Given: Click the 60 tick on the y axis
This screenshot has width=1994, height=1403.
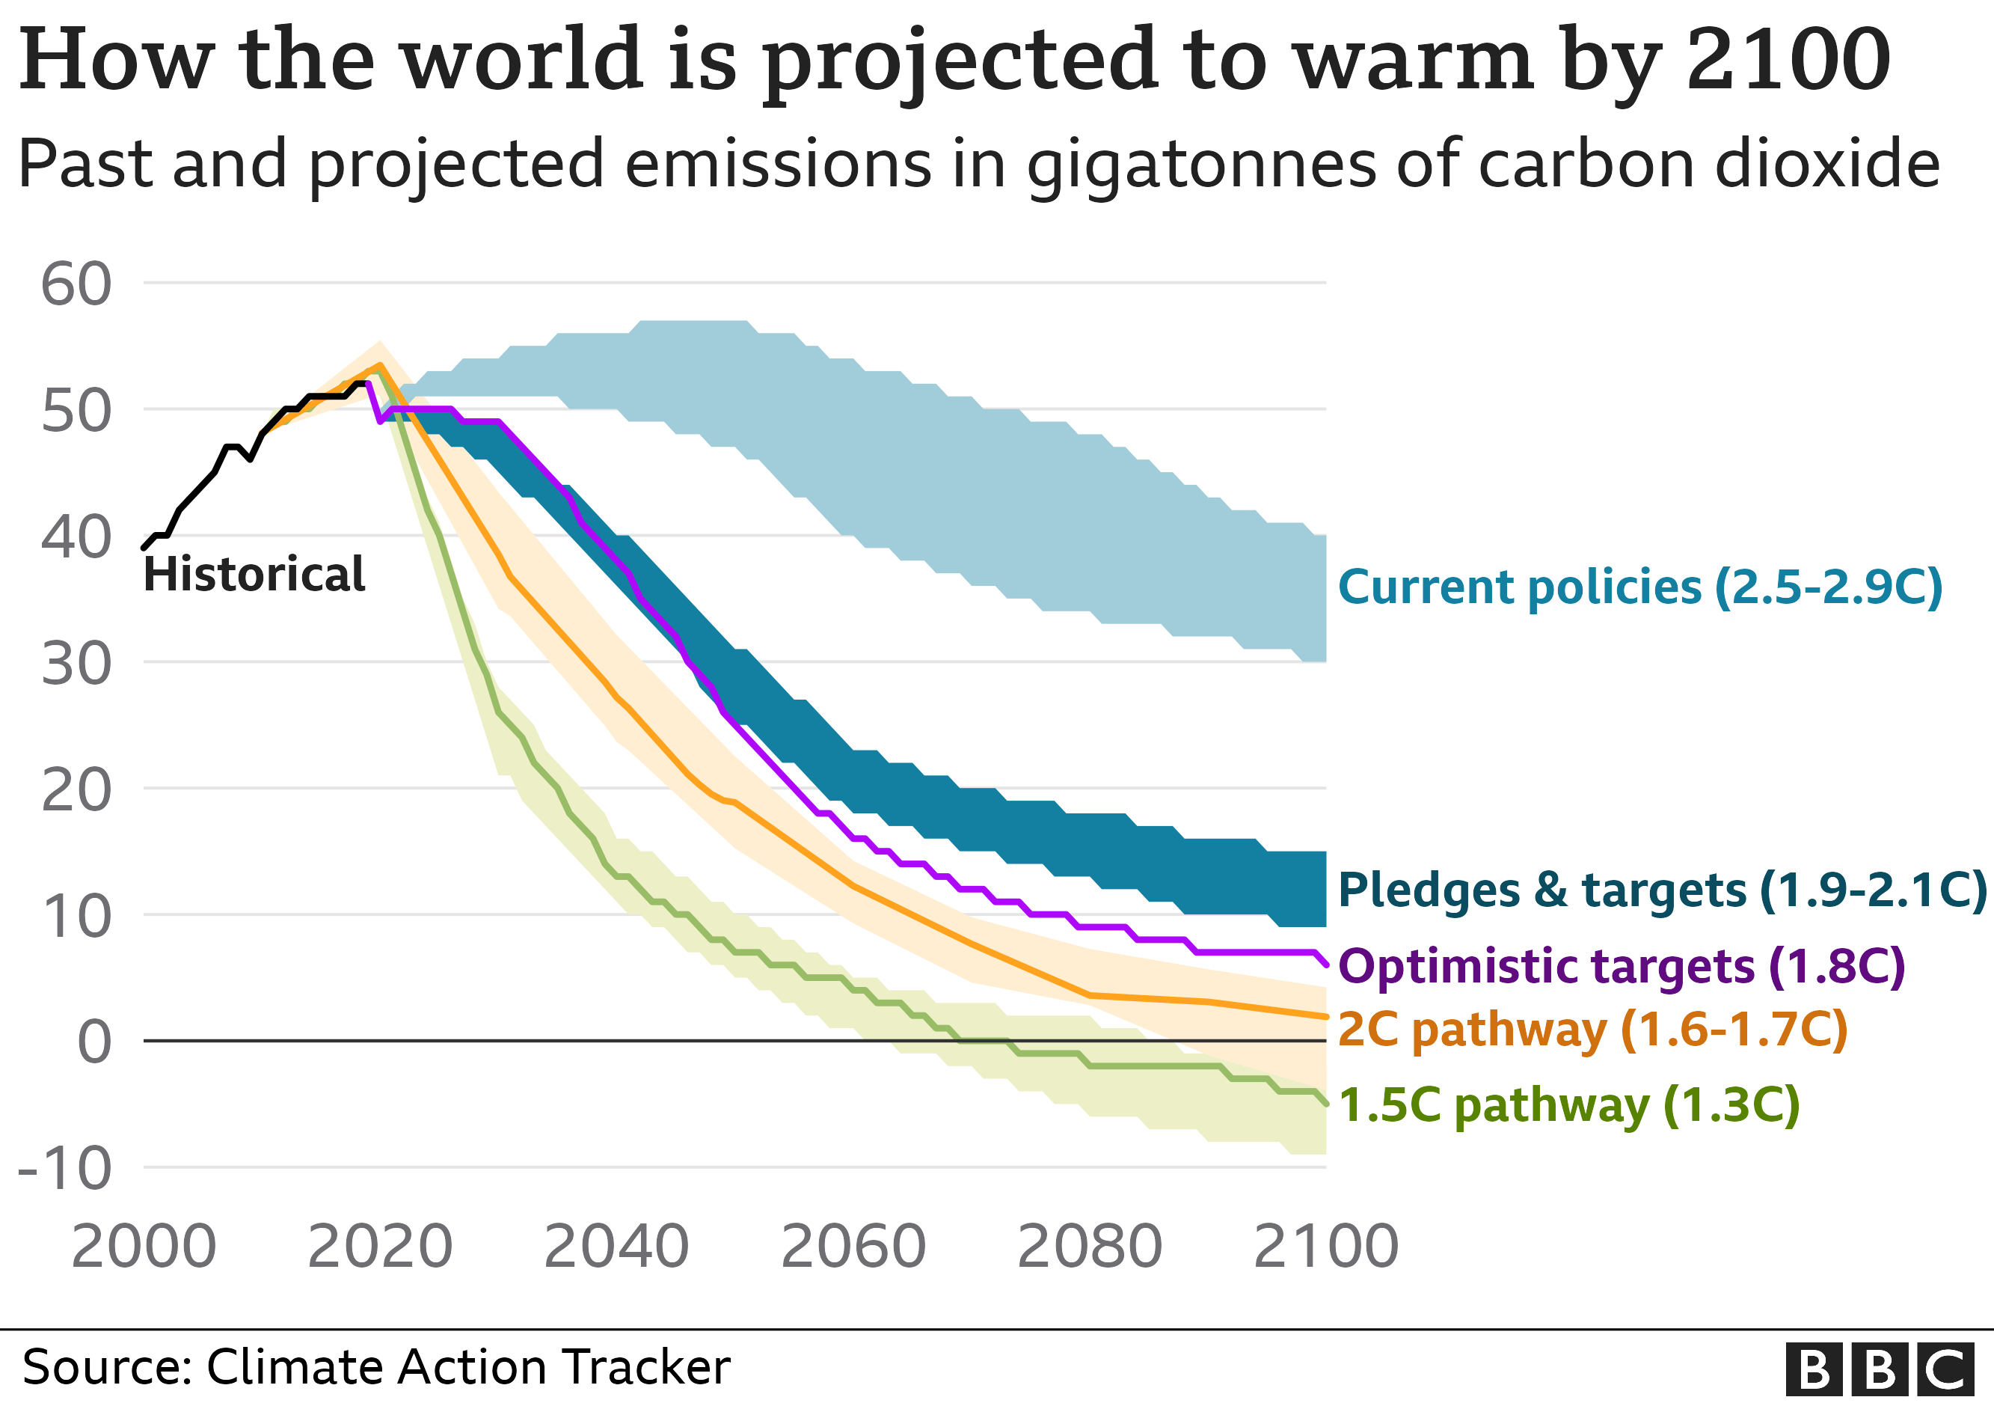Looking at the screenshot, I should click(x=76, y=284).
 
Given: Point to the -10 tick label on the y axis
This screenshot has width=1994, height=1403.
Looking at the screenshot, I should click(x=65, y=1170).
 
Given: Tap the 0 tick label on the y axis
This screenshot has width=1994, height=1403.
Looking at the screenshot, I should click(x=93, y=1042).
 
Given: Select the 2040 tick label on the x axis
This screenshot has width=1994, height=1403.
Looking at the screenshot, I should click(x=616, y=1247).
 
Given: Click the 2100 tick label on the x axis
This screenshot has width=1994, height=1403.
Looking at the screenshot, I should click(x=1326, y=1247).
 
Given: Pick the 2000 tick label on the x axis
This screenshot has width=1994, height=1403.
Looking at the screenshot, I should click(x=144, y=1247).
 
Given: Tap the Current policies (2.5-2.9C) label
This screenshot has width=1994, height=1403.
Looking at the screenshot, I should click(x=1639, y=588).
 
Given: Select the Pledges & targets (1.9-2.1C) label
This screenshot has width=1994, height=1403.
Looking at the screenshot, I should click(x=1661, y=891).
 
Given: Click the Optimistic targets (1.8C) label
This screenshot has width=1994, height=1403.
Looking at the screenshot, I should click(x=1622, y=967).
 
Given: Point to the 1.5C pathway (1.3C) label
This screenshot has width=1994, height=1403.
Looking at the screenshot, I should click(x=1568, y=1106).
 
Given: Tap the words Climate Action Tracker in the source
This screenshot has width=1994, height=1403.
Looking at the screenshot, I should click(x=468, y=1367).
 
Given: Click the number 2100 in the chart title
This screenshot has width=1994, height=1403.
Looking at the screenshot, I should click(x=1788, y=59).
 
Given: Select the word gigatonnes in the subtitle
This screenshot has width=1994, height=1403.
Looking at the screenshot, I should click(x=1201, y=164).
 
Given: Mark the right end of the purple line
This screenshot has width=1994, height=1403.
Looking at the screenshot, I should click(x=1326, y=965).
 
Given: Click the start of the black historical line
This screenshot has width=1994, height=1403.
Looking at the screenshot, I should click(x=144, y=547).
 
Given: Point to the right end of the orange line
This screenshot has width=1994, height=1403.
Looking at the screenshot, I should click(x=1326, y=1016).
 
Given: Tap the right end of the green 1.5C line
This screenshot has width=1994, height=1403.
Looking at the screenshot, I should click(x=1326, y=1103).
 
